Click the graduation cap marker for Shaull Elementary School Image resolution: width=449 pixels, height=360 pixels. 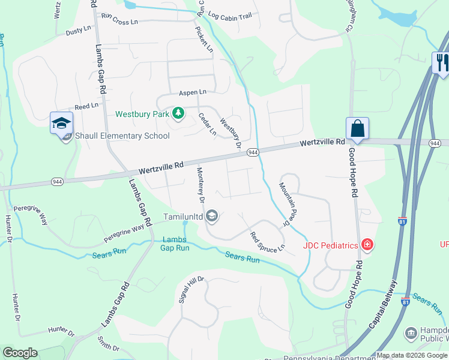coord(61,124)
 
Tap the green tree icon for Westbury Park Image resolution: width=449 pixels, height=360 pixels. coord(178,113)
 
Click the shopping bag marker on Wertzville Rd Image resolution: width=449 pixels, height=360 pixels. coord(357,128)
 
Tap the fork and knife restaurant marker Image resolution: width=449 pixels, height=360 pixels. coord(441,62)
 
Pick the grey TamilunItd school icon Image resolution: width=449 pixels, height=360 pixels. coord(211,215)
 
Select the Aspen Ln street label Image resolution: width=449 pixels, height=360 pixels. coord(192,92)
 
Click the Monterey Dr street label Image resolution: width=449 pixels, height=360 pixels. coord(200,184)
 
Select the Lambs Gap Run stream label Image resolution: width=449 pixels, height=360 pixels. coord(175,244)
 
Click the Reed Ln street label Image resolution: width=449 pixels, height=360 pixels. coord(86,106)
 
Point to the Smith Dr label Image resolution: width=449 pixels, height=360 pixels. coord(108,343)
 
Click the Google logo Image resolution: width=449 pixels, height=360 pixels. coord(20,353)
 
